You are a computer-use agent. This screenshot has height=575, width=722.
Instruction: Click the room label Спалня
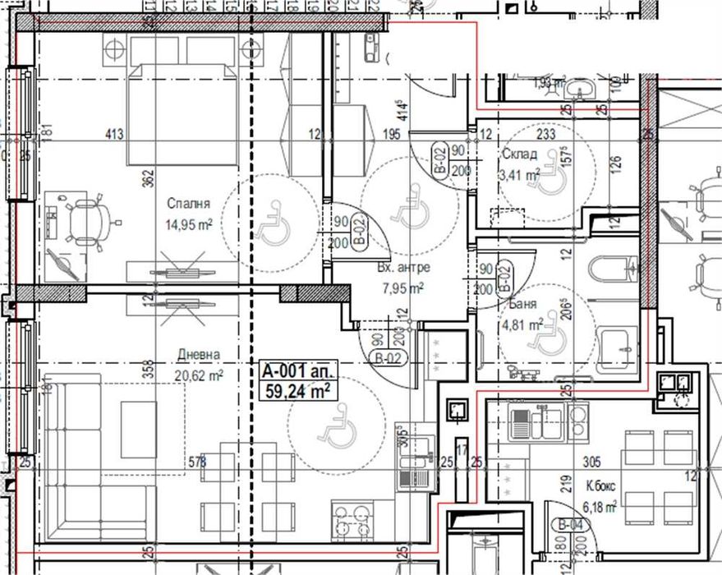tap(188, 203)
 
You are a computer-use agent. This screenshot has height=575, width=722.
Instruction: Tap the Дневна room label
tap(199, 355)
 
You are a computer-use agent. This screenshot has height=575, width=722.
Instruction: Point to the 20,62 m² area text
tap(200, 375)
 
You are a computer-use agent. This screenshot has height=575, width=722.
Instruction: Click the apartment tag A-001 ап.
tap(294, 370)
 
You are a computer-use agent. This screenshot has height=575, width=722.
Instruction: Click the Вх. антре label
tap(402, 268)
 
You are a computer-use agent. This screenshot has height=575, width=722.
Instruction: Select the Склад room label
tap(518, 154)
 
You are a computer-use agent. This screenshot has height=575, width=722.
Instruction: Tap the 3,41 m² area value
tap(519, 173)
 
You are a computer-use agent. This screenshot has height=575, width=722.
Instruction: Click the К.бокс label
tap(600, 486)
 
